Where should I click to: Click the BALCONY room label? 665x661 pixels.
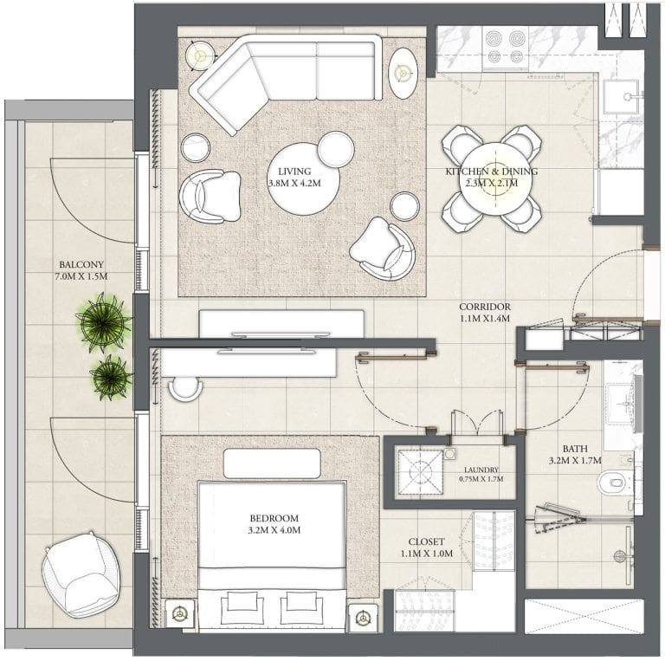tap(81, 265)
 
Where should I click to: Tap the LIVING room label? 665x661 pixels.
tap(294, 172)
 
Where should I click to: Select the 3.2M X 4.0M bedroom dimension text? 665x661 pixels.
tap(274, 530)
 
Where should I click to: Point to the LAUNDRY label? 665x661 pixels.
tap(481, 470)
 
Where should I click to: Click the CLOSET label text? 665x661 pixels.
tap(426, 541)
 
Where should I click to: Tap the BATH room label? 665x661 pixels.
tap(575, 449)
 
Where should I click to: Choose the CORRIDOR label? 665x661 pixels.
tap(485, 307)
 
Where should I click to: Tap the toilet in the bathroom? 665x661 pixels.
tap(614, 483)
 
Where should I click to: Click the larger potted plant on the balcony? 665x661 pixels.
tap(104, 322)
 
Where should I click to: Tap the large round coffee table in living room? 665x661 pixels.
tap(303, 179)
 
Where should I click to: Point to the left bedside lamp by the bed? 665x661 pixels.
tap(180, 613)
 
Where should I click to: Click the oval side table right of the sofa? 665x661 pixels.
tap(404, 73)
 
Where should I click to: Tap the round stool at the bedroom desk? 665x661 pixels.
tap(185, 388)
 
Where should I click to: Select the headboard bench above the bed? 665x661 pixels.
tap(271, 463)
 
